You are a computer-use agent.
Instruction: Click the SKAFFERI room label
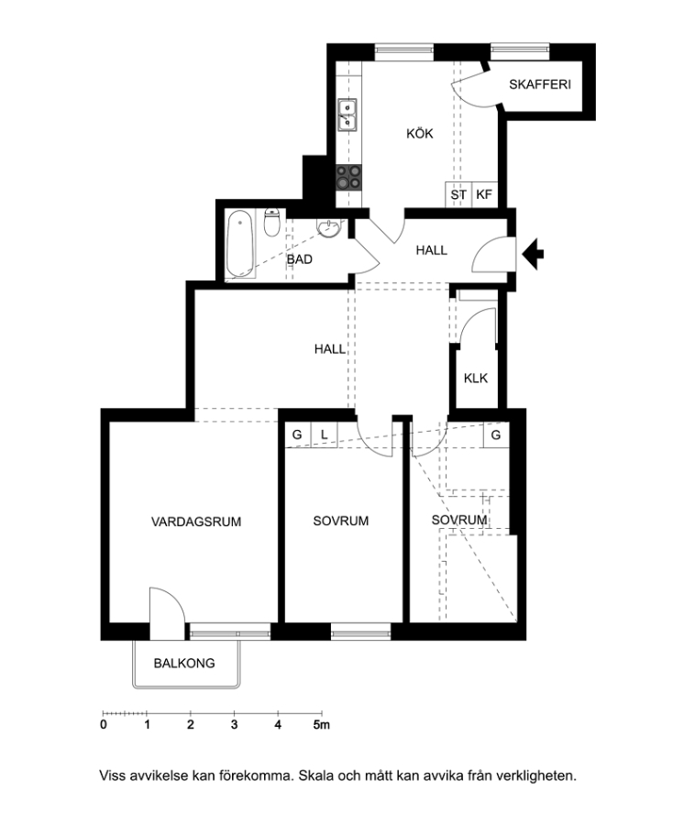(540, 84)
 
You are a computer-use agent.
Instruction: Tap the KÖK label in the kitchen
(419, 134)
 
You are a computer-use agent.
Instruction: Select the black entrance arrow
(533, 254)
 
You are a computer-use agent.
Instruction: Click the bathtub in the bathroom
(240, 244)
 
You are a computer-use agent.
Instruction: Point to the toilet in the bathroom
(271, 222)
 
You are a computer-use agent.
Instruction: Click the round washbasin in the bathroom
(329, 228)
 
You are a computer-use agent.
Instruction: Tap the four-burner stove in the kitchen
(348, 177)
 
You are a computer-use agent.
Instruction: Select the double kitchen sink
(347, 115)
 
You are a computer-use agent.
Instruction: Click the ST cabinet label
(458, 194)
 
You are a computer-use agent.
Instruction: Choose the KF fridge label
(483, 194)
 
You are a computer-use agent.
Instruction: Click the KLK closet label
(476, 379)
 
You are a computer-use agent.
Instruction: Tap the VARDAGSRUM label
(196, 522)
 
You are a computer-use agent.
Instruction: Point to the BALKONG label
(184, 663)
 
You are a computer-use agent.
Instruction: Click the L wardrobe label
(324, 435)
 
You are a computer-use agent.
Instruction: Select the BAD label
(299, 259)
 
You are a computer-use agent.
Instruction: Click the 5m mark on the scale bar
(322, 725)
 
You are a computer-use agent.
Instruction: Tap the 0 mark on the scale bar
(103, 725)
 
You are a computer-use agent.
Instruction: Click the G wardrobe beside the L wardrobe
(297, 435)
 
